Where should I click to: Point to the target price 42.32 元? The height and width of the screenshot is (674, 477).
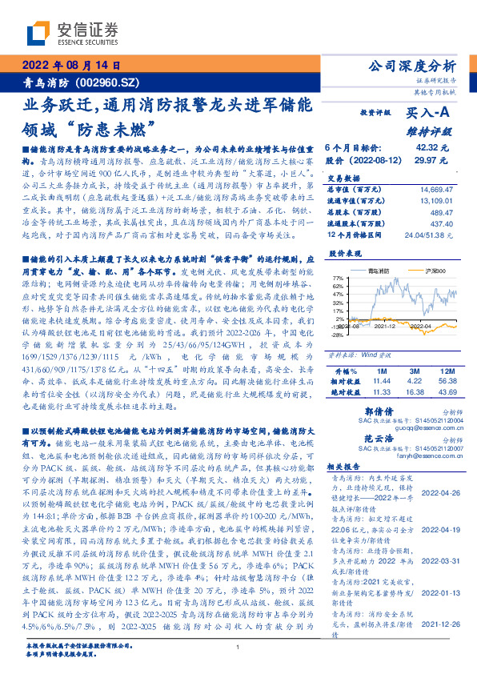432,148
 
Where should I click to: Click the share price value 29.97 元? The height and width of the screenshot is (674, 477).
432,160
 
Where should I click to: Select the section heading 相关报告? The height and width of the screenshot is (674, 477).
346,467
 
